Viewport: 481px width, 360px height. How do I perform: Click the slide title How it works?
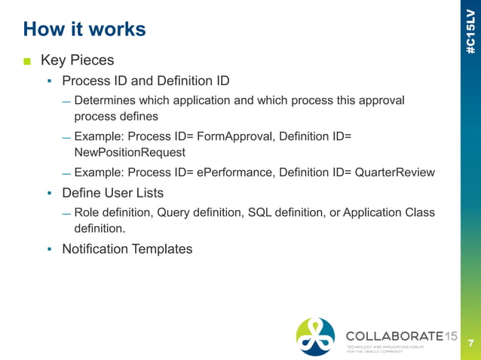coord(84,29)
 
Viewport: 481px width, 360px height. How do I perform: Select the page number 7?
coord(470,343)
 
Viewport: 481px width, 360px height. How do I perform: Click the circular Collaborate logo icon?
coord(315,336)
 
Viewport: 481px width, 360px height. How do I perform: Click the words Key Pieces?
coord(77,59)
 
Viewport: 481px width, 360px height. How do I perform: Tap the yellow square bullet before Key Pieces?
coord(27,60)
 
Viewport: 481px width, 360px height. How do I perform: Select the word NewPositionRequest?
coord(130,152)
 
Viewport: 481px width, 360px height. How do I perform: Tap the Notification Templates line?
coord(127,248)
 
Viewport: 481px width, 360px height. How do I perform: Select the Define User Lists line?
coord(113,193)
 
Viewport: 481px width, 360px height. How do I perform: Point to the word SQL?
coord(259,212)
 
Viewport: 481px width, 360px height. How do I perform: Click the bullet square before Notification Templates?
coord(49,249)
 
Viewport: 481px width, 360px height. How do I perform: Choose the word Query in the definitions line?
coord(173,212)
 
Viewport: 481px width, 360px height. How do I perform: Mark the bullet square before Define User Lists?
coord(49,194)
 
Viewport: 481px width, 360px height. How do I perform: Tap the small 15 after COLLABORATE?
coord(451,334)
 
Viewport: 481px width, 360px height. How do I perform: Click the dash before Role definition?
coord(66,214)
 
